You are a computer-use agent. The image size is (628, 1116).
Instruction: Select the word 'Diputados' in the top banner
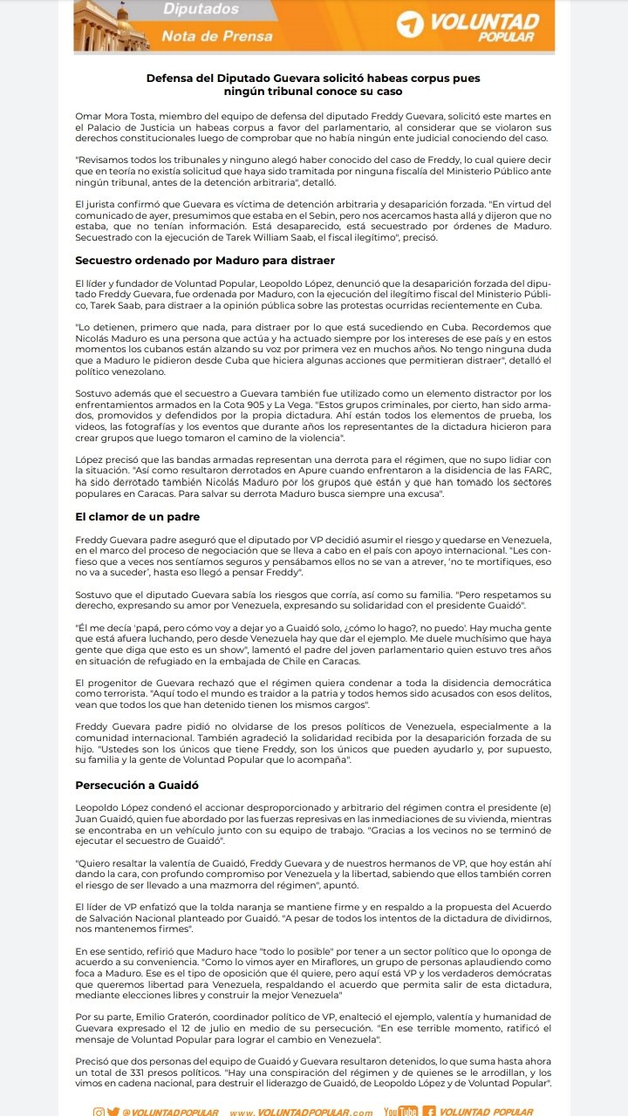tap(200, 10)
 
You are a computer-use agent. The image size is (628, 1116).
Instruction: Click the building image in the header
tap(109, 24)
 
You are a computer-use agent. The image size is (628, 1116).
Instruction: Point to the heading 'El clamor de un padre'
tap(138, 516)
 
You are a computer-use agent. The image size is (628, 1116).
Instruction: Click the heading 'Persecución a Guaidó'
tap(137, 785)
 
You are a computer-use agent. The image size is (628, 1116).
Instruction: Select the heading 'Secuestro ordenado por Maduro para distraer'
tap(205, 260)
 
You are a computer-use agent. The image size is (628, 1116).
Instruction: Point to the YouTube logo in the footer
tap(400, 1112)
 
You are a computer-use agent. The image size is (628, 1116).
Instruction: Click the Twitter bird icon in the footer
tap(113, 1112)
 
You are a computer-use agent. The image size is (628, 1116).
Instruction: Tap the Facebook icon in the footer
tap(428, 1112)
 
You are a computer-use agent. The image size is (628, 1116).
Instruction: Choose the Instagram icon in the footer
tap(99, 1112)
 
